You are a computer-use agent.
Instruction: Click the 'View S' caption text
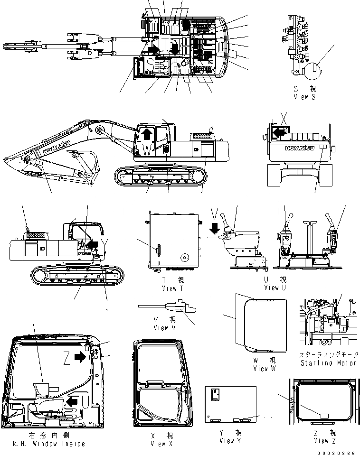pyautogui.click(x=304, y=97)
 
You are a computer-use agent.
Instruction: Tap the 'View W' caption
pyautogui.click(x=264, y=368)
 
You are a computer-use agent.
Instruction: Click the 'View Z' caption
pyautogui.click(x=325, y=441)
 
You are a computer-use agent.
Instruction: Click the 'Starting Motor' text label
pyautogui.click(x=328, y=363)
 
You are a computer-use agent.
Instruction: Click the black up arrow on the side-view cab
pyautogui.click(x=147, y=133)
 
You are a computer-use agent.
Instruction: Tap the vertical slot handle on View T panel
pyautogui.click(x=159, y=249)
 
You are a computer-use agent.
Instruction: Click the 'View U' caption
pyautogui.click(x=275, y=288)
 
